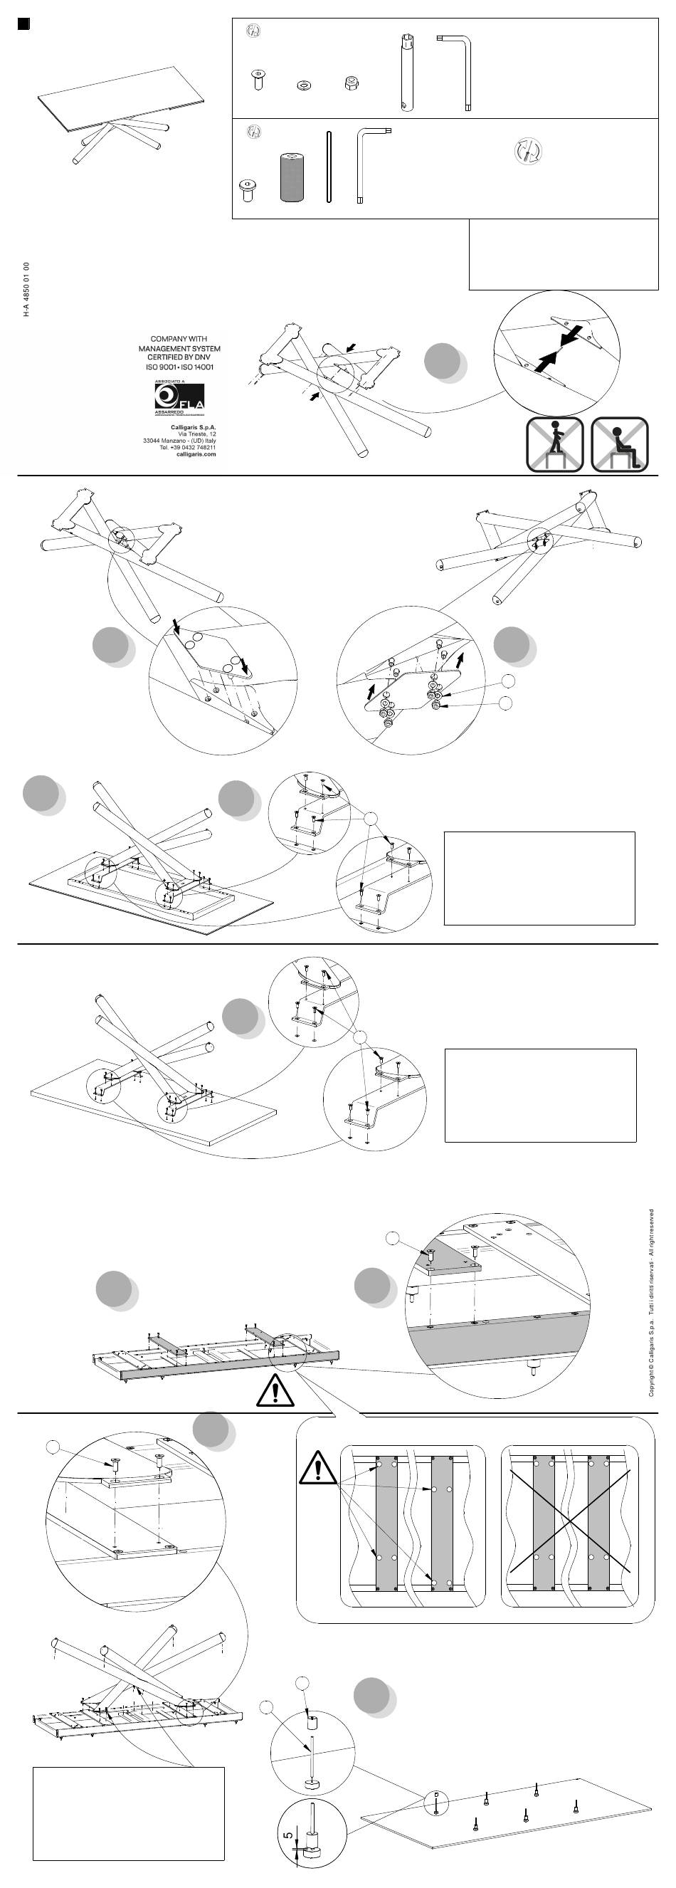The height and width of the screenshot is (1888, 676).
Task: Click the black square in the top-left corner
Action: tap(23, 23)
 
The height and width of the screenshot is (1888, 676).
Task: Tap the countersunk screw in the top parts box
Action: tap(258, 78)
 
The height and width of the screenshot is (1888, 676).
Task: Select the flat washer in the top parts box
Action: tap(303, 85)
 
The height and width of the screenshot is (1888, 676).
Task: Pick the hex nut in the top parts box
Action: tap(350, 83)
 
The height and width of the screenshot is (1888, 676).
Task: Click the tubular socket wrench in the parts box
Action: tap(406, 72)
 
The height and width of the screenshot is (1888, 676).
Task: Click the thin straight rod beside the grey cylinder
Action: tap(329, 167)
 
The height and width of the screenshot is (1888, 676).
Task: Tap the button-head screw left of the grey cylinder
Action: tap(248, 190)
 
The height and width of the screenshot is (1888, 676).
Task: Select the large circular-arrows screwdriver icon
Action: tap(527, 150)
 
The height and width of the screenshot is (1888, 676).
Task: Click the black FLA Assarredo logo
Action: tap(179, 397)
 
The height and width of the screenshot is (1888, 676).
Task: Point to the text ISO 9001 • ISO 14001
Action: tap(179, 367)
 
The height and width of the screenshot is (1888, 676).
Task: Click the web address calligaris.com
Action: tap(196, 454)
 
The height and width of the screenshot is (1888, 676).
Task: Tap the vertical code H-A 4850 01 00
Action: tap(26, 289)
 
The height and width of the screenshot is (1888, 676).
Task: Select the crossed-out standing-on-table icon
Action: tap(554, 444)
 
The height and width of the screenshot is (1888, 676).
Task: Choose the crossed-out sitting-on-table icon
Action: tap(619, 444)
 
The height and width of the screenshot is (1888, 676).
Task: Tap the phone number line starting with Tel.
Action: tap(187, 447)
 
